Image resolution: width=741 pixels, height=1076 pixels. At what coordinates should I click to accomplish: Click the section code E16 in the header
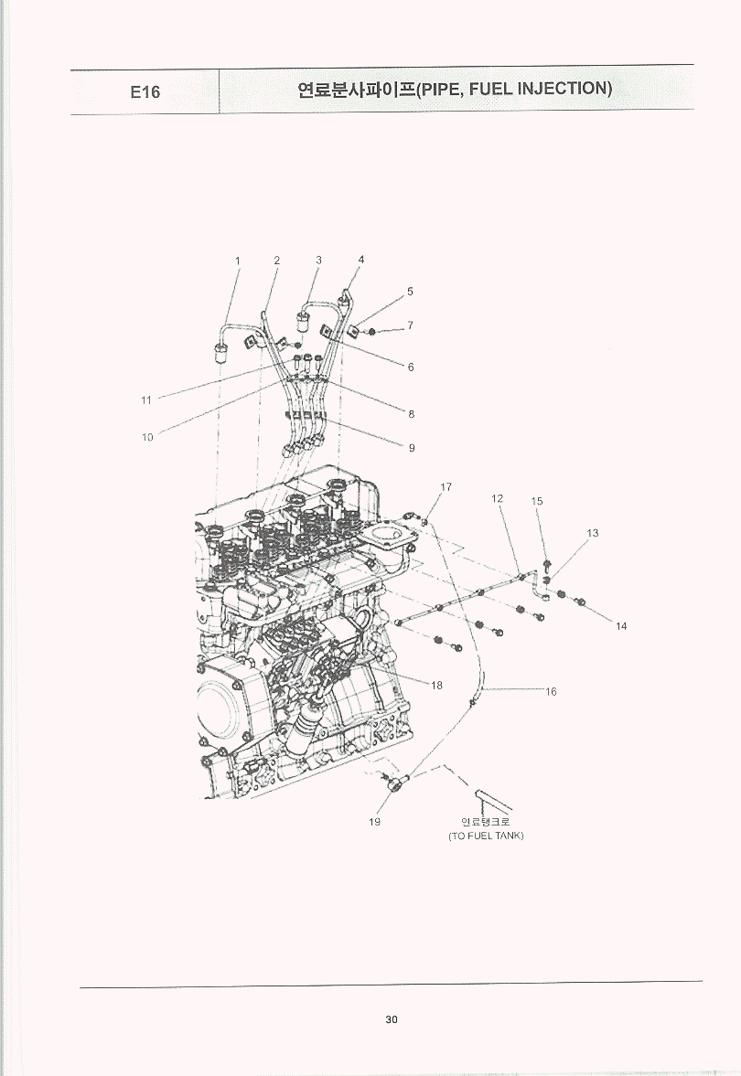[x=145, y=91]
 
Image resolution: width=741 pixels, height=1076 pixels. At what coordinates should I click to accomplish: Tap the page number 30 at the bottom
[x=392, y=1019]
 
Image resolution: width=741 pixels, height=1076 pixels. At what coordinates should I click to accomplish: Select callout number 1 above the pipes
[x=238, y=261]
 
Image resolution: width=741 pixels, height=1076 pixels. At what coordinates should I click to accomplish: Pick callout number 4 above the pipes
[x=361, y=260]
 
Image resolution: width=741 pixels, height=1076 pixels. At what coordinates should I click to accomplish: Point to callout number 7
[x=410, y=325]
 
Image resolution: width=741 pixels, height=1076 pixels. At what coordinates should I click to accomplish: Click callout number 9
[x=412, y=448]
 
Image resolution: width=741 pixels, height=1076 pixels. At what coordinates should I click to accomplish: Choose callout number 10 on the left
[x=147, y=437]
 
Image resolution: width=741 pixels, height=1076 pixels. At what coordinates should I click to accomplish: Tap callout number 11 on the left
[x=146, y=400]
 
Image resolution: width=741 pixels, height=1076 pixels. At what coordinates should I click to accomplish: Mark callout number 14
[x=621, y=626]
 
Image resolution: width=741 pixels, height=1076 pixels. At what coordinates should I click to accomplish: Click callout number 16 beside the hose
[x=551, y=692]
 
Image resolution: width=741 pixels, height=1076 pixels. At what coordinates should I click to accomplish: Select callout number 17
[x=446, y=487]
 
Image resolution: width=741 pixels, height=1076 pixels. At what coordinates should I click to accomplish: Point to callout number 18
[x=436, y=685]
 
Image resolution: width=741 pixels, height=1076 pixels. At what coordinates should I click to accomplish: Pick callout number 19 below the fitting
[x=374, y=822]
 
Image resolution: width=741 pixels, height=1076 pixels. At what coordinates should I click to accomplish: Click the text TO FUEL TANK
[x=486, y=836]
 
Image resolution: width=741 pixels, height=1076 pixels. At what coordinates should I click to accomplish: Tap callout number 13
[x=593, y=532]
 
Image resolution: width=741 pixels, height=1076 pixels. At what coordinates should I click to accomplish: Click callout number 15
[x=537, y=501]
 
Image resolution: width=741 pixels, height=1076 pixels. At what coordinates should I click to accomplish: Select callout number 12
[x=498, y=498]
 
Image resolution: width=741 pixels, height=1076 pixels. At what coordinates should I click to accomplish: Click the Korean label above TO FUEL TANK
[x=486, y=822]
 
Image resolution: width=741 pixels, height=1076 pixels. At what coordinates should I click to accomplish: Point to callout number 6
[x=411, y=368]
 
